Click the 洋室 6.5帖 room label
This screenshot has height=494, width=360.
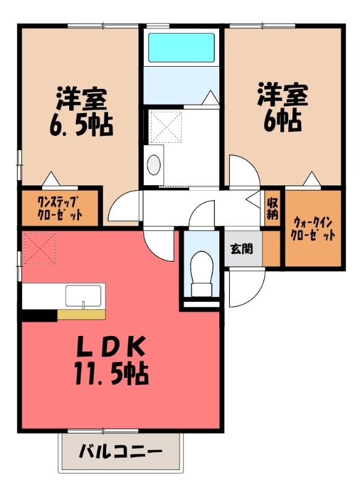click(81, 112)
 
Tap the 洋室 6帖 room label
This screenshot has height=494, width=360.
click(283, 107)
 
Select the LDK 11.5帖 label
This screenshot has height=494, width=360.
click(112, 361)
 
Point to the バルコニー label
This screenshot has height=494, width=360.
click(120, 453)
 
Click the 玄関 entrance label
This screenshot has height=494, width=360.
click(242, 249)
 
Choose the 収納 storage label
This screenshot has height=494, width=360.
click(272, 208)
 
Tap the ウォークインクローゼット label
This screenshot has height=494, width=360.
click(312, 229)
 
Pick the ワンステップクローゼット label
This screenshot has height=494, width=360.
click(60, 207)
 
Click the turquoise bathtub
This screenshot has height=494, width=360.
click(182, 48)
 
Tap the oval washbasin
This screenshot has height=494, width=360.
click(154, 165)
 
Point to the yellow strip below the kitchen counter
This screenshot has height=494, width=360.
click(82, 315)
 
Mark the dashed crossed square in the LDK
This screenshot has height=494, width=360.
click(40, 248)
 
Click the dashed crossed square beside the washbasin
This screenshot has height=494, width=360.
click(165, 126)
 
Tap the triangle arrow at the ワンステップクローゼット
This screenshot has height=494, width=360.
click(51, 179)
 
